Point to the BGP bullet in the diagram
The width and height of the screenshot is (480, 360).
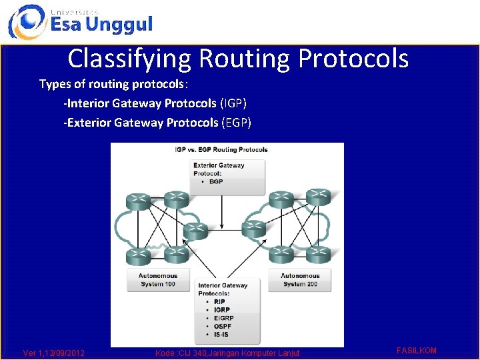click(216, 181)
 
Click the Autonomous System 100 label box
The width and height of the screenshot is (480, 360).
click(158, 280)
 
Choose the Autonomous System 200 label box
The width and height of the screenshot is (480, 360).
click(300, 280)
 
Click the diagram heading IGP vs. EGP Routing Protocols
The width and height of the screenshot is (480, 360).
click(221, 149)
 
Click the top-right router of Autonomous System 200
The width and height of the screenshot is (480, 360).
click(319, 198)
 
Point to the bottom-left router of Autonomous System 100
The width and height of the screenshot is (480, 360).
click(138, 254)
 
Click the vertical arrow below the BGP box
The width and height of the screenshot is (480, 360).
click(220, 207)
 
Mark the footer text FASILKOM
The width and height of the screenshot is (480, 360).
click(417, 350)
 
